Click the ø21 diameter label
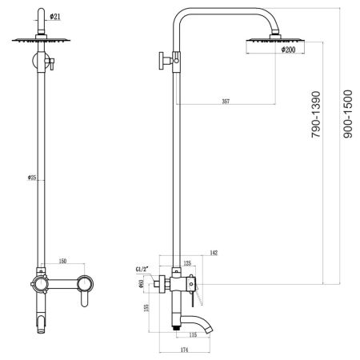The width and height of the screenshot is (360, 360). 53,17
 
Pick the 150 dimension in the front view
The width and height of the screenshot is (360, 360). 62,262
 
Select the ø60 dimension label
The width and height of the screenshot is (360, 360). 140,282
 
